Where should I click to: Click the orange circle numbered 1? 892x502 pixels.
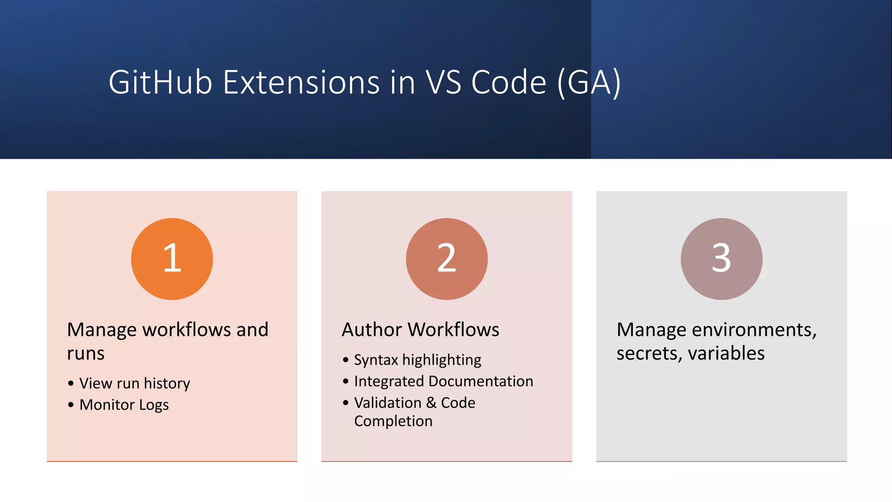[172, 259]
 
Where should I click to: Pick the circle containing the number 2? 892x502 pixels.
[446, 259]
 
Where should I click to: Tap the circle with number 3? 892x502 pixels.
[721, 259]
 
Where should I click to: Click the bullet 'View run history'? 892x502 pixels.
[135, 383]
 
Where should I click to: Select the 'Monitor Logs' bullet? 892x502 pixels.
[124, 405]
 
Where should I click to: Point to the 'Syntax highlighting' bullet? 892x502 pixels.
[417, 360]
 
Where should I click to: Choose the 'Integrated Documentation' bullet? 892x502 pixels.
[443, 381]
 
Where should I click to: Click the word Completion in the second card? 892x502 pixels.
[393, 421]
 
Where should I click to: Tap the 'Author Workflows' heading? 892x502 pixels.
[420, 329]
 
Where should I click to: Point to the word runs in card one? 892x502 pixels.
[86, 353]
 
